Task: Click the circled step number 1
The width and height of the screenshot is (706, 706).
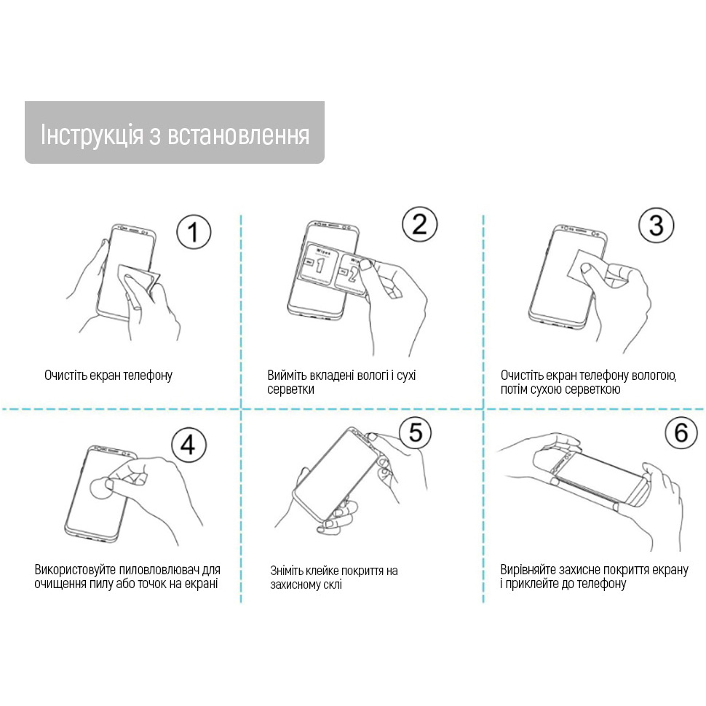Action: (193, 233)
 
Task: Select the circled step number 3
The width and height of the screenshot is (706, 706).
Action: (656, 226)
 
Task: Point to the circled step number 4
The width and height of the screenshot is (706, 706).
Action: (188, 444)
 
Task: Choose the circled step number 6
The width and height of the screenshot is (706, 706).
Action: (681, 433)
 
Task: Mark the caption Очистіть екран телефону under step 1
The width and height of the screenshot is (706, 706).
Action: (108, 376)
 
